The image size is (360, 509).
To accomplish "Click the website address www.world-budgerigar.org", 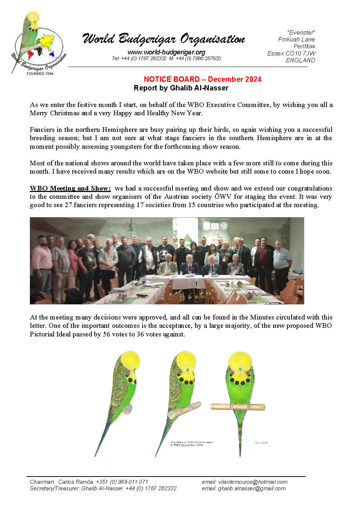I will pos(166,52).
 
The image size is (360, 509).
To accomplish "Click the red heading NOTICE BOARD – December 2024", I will pos(202,79).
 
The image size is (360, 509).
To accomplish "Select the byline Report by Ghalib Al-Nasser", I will pos(181,88).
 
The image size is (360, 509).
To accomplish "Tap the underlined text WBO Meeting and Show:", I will pos(70,188).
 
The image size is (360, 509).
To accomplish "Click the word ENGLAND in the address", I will pos(300,60).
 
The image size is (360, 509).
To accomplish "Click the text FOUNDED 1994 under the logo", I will pos(40,73).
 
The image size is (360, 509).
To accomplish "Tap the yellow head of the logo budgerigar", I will pos(33,17).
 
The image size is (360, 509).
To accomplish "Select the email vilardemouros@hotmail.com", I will pos(253,482).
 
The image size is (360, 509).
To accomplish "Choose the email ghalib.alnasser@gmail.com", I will pos(252,488).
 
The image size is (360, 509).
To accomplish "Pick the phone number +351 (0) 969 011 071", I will pos(122,482).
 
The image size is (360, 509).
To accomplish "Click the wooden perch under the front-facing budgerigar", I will pos(238,407).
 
